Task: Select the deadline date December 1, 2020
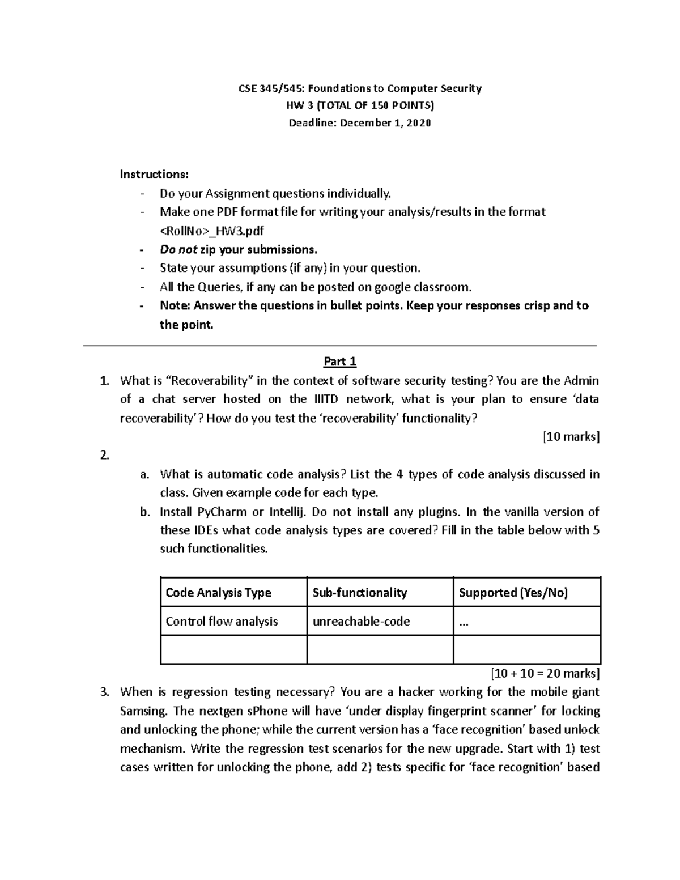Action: click(385, 123)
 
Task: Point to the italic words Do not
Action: click(178, 249)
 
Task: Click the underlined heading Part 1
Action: click(339, 362)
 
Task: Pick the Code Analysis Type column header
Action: click(218, 593)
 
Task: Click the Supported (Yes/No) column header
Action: click(513, 593)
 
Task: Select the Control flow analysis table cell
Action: click(222, 622)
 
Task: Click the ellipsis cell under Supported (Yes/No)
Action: click(464, 622)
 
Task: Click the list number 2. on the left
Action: click(104, 456)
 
